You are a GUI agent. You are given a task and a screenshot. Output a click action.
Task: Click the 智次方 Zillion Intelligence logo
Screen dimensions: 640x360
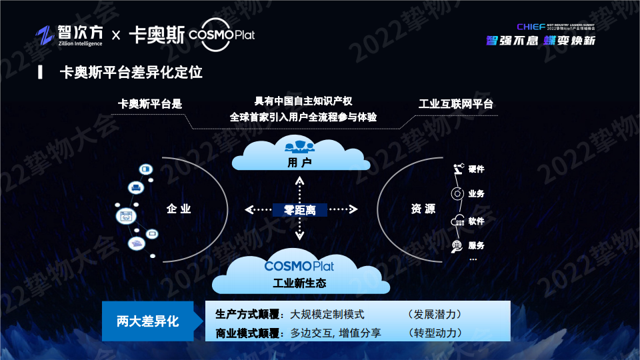click(70, 35)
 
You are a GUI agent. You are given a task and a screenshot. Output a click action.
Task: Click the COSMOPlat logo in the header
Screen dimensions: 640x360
click(222, 34)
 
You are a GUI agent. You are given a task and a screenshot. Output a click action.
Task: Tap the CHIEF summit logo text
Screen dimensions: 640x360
click(531, 27)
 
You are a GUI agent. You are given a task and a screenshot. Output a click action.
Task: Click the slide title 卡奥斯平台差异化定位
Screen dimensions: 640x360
click(131, 73)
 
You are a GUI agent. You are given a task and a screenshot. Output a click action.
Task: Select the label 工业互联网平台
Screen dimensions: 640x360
click(456, 104)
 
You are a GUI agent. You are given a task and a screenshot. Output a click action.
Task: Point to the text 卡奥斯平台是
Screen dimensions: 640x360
click(150, 104)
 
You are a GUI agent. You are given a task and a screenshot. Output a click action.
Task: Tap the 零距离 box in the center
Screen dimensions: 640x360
click(300, 209)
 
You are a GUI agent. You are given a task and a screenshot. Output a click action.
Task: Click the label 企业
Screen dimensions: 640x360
click(179, 209)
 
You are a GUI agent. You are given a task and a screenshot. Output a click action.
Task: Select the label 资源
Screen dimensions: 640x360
click(423, 209)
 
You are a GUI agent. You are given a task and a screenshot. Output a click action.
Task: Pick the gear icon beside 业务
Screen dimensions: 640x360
click(457, 194)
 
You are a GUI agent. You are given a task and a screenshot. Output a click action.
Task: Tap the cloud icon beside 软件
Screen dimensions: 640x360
click(457, 221)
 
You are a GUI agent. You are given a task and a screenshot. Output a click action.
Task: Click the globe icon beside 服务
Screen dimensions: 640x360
click(457, 246)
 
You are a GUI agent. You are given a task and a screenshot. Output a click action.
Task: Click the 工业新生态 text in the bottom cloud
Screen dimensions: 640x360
click(299, 283)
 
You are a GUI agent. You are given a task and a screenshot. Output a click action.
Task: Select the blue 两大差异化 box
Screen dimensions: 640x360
click(148, 321)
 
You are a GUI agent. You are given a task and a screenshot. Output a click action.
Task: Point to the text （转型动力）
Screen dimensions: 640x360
click(435, 333)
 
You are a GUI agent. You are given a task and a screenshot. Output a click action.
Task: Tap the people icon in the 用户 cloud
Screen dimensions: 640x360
click(299, 145)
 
